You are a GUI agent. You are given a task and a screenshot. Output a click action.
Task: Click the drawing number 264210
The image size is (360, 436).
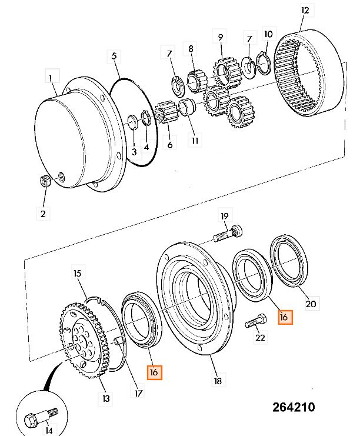(294, 407)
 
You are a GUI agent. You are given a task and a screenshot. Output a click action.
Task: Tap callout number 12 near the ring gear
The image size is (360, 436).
(305, 11)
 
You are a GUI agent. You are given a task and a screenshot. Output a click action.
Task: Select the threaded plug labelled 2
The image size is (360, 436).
(45, 181)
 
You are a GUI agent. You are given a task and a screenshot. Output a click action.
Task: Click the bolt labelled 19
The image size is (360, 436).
(228, 234)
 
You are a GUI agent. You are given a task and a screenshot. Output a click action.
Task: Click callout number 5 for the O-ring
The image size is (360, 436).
(114, 56)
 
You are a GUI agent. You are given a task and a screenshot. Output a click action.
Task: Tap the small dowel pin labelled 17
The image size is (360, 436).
(118, 340)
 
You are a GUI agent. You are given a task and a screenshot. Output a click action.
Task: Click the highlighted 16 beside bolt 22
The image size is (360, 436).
(284, 317)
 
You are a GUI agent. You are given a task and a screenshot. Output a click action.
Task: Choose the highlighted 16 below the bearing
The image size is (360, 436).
(154, 372)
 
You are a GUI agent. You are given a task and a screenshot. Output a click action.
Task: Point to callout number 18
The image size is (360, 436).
(218, 381)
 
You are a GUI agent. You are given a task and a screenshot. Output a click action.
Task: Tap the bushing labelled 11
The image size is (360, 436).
(186, 106)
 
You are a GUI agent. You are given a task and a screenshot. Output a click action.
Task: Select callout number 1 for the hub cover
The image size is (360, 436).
(51, 78)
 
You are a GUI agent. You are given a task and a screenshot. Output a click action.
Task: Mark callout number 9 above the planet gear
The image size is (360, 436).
(221, 37)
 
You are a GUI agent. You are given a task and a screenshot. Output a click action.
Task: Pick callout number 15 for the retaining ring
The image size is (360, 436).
(77, 273)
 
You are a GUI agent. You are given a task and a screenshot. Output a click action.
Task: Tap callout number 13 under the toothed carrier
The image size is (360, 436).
(106, 398)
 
